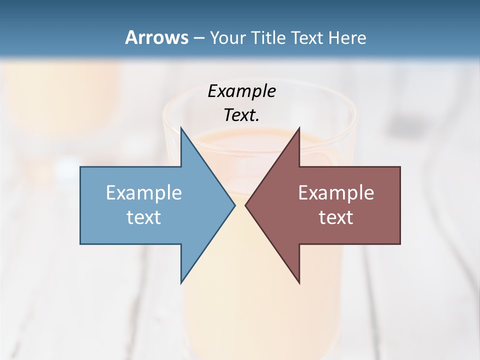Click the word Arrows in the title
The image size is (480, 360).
156,37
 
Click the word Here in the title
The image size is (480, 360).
349,37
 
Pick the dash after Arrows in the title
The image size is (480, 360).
198,38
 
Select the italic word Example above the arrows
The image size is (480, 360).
241,91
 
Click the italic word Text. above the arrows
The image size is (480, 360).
241,115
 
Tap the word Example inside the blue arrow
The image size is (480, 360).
144,192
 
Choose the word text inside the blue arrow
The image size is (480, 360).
144,217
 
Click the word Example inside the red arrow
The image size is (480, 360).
336,192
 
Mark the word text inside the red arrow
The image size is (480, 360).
336,217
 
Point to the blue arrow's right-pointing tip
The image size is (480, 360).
234,205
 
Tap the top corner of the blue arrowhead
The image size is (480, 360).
181,127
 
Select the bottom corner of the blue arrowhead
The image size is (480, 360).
181,283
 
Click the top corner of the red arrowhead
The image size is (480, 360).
299,127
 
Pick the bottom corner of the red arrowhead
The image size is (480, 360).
299,283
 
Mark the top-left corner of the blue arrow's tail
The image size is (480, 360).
80,167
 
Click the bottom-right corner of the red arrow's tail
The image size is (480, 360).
400,243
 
